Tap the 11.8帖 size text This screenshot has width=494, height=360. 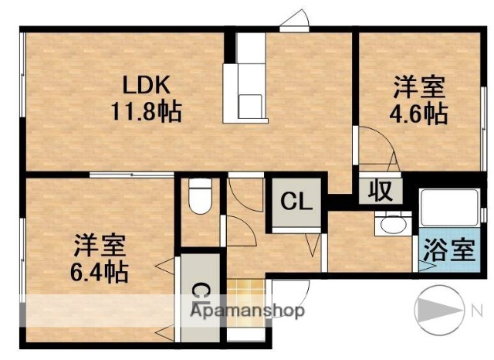(144, 114)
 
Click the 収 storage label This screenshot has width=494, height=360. (379, 190)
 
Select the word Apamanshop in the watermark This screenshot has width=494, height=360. (254, 311)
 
